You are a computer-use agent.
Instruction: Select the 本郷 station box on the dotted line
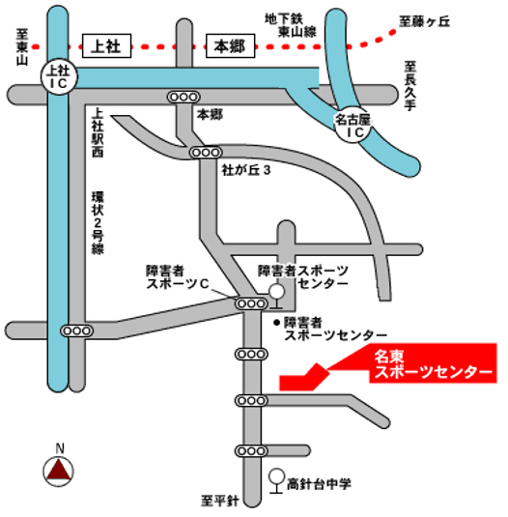tap(233, 44)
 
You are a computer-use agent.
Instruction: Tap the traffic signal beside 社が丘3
tap(204, 152)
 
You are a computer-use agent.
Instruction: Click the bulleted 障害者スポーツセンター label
tap(328, 328)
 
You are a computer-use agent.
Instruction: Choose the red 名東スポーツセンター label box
tap(435, 363)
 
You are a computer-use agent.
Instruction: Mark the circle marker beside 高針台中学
tap(277, 475)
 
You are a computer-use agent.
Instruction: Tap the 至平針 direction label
tap(219, 501)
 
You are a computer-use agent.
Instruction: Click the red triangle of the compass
tap(60, 472)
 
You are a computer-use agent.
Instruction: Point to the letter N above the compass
tap(60, 448)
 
